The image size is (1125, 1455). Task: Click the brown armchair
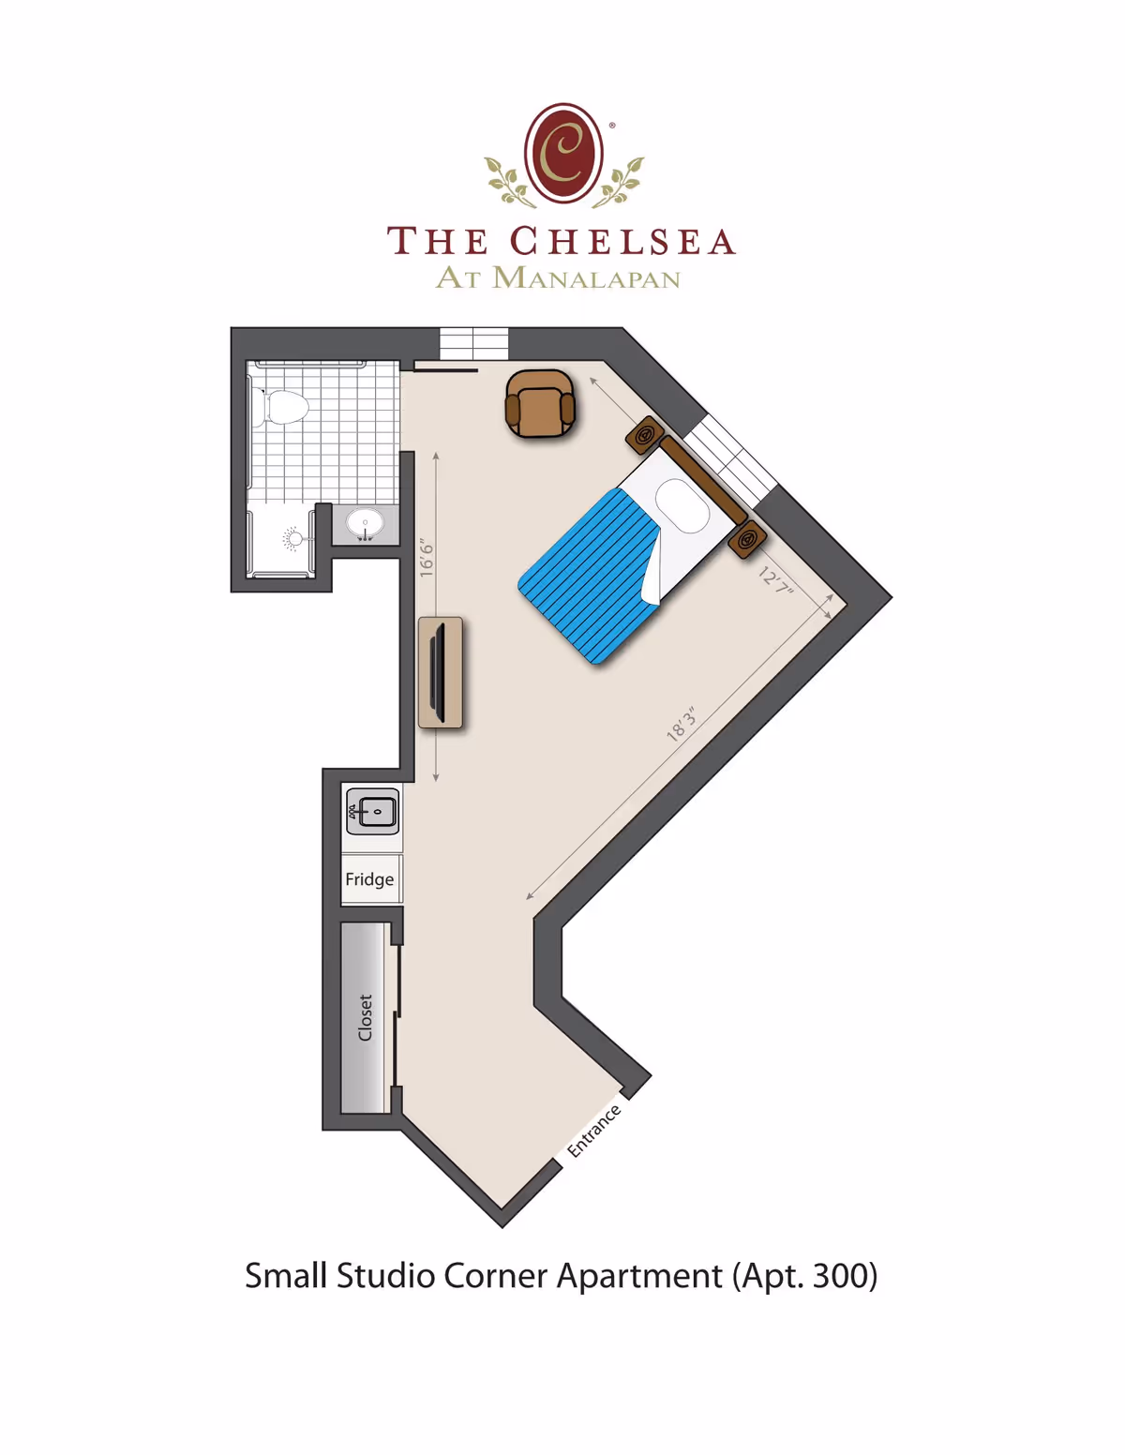(x=539, y=404)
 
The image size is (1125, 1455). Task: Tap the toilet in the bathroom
(x=284, y=408)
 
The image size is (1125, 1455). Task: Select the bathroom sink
(x=365, y=523)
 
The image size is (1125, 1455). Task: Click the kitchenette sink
(x=373, y=811)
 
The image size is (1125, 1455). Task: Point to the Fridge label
(x=369, y=879)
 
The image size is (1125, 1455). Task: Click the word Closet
(x=366, y=1017)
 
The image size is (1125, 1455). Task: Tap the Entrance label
(x=593, y=1131)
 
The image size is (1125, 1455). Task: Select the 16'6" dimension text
(x=427, y=558)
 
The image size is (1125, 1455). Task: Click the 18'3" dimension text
(x=682, y=725)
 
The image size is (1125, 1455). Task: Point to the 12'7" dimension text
(x=776, y=580)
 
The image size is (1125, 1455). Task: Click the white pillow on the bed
(x=682, y=505)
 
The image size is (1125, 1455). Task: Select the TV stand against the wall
(x=440, y=671)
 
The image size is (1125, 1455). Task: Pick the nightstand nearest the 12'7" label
(x=748, y=540)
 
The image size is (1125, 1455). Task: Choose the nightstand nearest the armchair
(x=645, y=435)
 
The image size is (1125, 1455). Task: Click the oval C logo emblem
(x=563, y=153)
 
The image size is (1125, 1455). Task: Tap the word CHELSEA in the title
(x=622, y=242)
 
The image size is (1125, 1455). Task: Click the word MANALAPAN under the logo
(x=587, y=278)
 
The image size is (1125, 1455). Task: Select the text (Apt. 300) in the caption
(x=804, y=1276)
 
